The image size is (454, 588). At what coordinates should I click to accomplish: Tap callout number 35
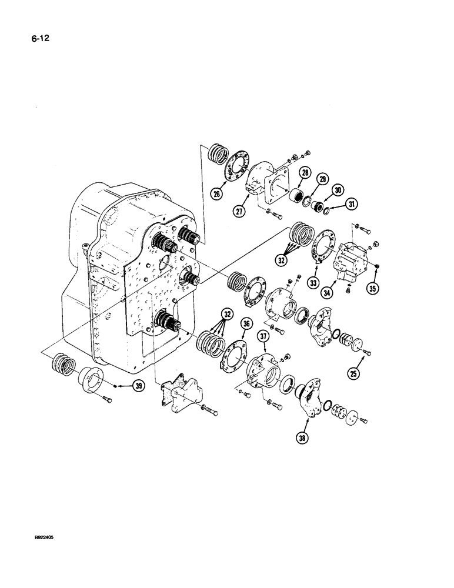pyautogui.click(x=373, y=288)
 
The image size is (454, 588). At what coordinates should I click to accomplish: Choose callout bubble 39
pyautogui.click(x=139, y=386)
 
